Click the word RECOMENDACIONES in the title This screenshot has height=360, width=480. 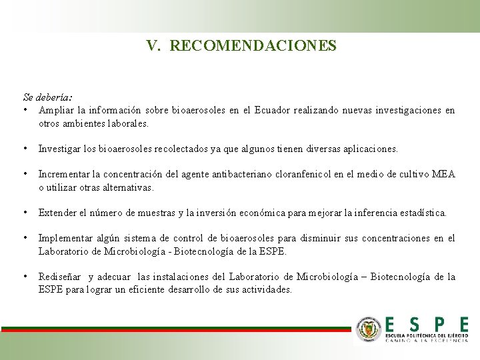(253, 46)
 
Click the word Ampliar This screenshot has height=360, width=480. (56, 110)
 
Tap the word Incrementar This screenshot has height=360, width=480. (65, 175)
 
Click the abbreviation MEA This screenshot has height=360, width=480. (443, 175)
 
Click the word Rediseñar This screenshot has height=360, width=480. (59, 277)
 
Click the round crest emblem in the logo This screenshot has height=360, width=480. (368, 329)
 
